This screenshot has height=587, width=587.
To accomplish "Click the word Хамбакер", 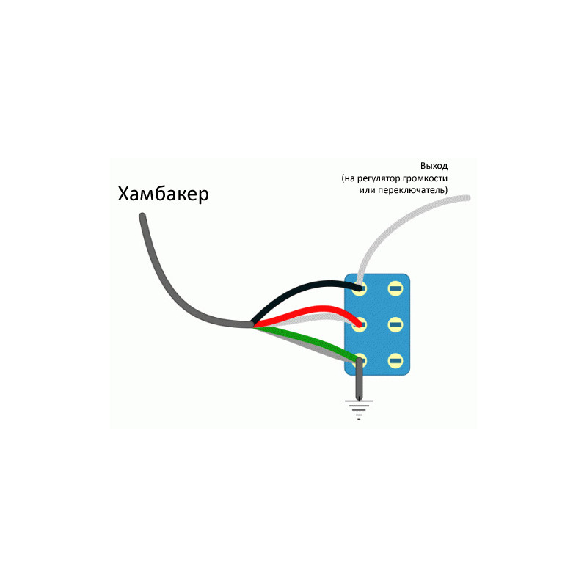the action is click(x=163, y=194).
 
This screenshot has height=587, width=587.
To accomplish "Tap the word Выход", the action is click(x=434, y=166).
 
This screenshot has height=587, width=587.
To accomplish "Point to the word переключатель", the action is click(x=412, y=190).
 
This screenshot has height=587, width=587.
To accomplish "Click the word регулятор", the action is click(x=378, y=178).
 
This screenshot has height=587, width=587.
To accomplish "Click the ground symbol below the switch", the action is click(x=359, y=409).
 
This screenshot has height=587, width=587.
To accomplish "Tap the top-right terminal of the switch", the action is click(x=395, y=288).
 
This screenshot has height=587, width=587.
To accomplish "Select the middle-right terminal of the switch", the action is click(x=395, y=324).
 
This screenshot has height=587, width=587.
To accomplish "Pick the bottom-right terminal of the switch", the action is click(x=395, y=361).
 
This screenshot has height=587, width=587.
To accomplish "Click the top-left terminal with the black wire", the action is click(x=360, y=288).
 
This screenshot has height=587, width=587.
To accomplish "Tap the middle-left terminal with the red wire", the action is click(x=360, y=324).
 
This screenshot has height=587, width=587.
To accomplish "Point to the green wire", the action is click(x=310, y=339).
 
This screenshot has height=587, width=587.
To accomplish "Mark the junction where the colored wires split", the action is click(x=252, y=324).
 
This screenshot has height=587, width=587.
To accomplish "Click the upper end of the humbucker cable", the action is click(x=142, y=216).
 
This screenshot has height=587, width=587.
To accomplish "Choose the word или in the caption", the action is click(x=367, y=190).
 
